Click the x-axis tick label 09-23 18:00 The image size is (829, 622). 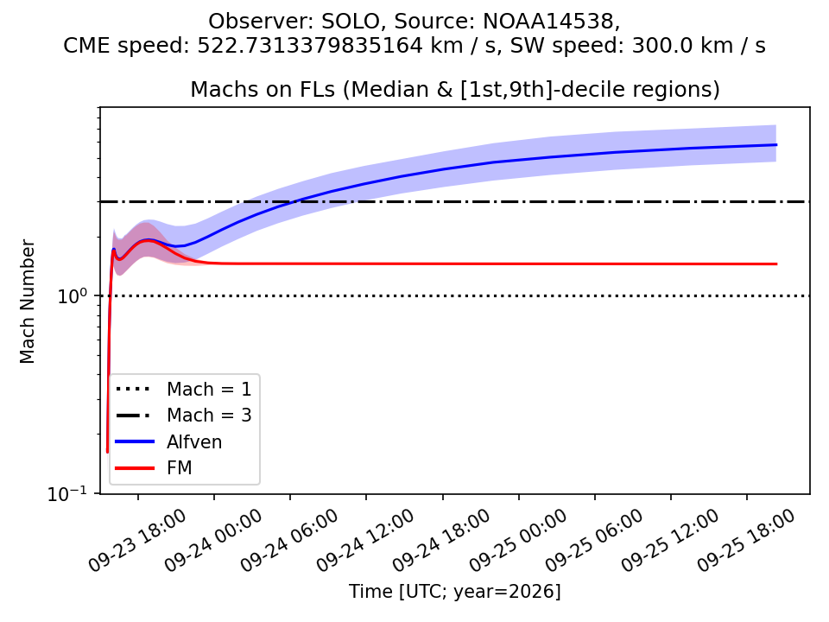coord(137,541)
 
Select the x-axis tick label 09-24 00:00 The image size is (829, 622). coord(213,541)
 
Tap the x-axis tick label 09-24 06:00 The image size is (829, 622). coord(289,541)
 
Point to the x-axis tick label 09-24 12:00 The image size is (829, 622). coord(365,541)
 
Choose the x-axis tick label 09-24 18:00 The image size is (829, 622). coord(441,541)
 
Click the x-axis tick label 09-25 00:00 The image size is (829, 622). coord(517,541)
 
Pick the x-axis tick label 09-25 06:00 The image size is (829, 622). coord(594,541)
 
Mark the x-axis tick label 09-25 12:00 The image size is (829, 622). coord(670,541)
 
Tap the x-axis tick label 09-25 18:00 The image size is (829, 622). coord(746,541)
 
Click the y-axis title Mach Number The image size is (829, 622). coord(27,301)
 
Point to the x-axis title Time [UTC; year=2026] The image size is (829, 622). coord(455,591)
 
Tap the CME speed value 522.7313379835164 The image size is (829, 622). coord(310,46)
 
